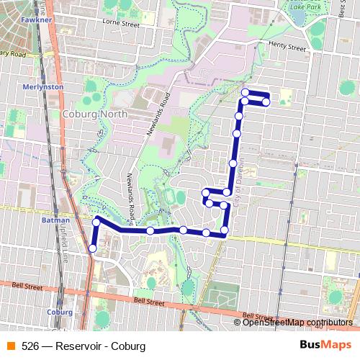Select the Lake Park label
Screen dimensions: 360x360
pyautogui.click(x=305, y=6)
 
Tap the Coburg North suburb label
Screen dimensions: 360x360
pyautogui.click(x=94, y=114)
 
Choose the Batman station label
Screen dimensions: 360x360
pyautogui.click(x=55, y=220)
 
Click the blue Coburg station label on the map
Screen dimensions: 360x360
pyautogui.click(x=59, y=312)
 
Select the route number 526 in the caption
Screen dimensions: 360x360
pyautogui.click(x=30, y=346)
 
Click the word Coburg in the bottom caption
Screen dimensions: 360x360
pyautogui.click(x=130, y=346)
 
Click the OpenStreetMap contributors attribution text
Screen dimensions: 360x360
pyautogui.click(x=297, y=322)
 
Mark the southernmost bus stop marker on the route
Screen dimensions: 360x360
pyautogui.click(x=92, y=248)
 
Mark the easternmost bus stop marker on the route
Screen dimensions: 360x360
pyautogui.click(x=266, y=102)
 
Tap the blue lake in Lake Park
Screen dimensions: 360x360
pyautogui.click(x=297, y=19)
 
